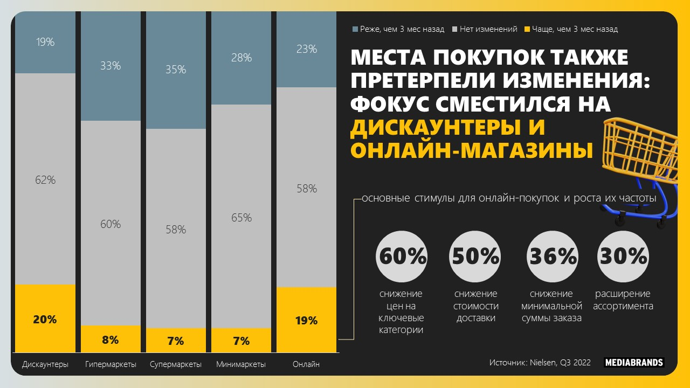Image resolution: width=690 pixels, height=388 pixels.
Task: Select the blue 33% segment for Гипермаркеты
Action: pyautogui.click(x=111, y=66)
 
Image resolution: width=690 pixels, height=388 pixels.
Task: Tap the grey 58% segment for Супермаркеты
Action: pyautogui.click(x=176, y=229)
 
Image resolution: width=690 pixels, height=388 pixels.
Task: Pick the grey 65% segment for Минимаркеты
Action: pyautogui.click(x=241, y=217)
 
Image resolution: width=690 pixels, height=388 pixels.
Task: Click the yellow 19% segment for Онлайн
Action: pyautogui.click(x=306, y=320)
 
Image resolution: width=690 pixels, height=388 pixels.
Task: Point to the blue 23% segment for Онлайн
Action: pyautogui.click(x=306, y=49)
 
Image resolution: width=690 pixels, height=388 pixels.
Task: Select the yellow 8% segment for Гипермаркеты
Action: pyautogui.click(x=111, y=339)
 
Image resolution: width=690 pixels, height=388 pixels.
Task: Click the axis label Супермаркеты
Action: pyautogui.click(x=176, y=364)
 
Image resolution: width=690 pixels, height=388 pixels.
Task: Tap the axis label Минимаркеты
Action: pyautogui.click(x=241, y=364)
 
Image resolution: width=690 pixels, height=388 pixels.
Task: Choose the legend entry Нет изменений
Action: pyautogui.click(x=488, y=29)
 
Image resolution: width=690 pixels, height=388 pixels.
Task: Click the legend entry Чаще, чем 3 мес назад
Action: pyautogui.click(x=574, y=29)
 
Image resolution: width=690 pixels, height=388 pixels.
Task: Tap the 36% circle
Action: pyautogui.click(x=553, y=257)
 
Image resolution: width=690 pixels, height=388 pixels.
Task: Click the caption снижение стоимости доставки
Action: pyautogui.click(x=475, y=306)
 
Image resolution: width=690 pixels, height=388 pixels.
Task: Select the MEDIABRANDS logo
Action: pyautogui.click(x=633, y=363)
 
